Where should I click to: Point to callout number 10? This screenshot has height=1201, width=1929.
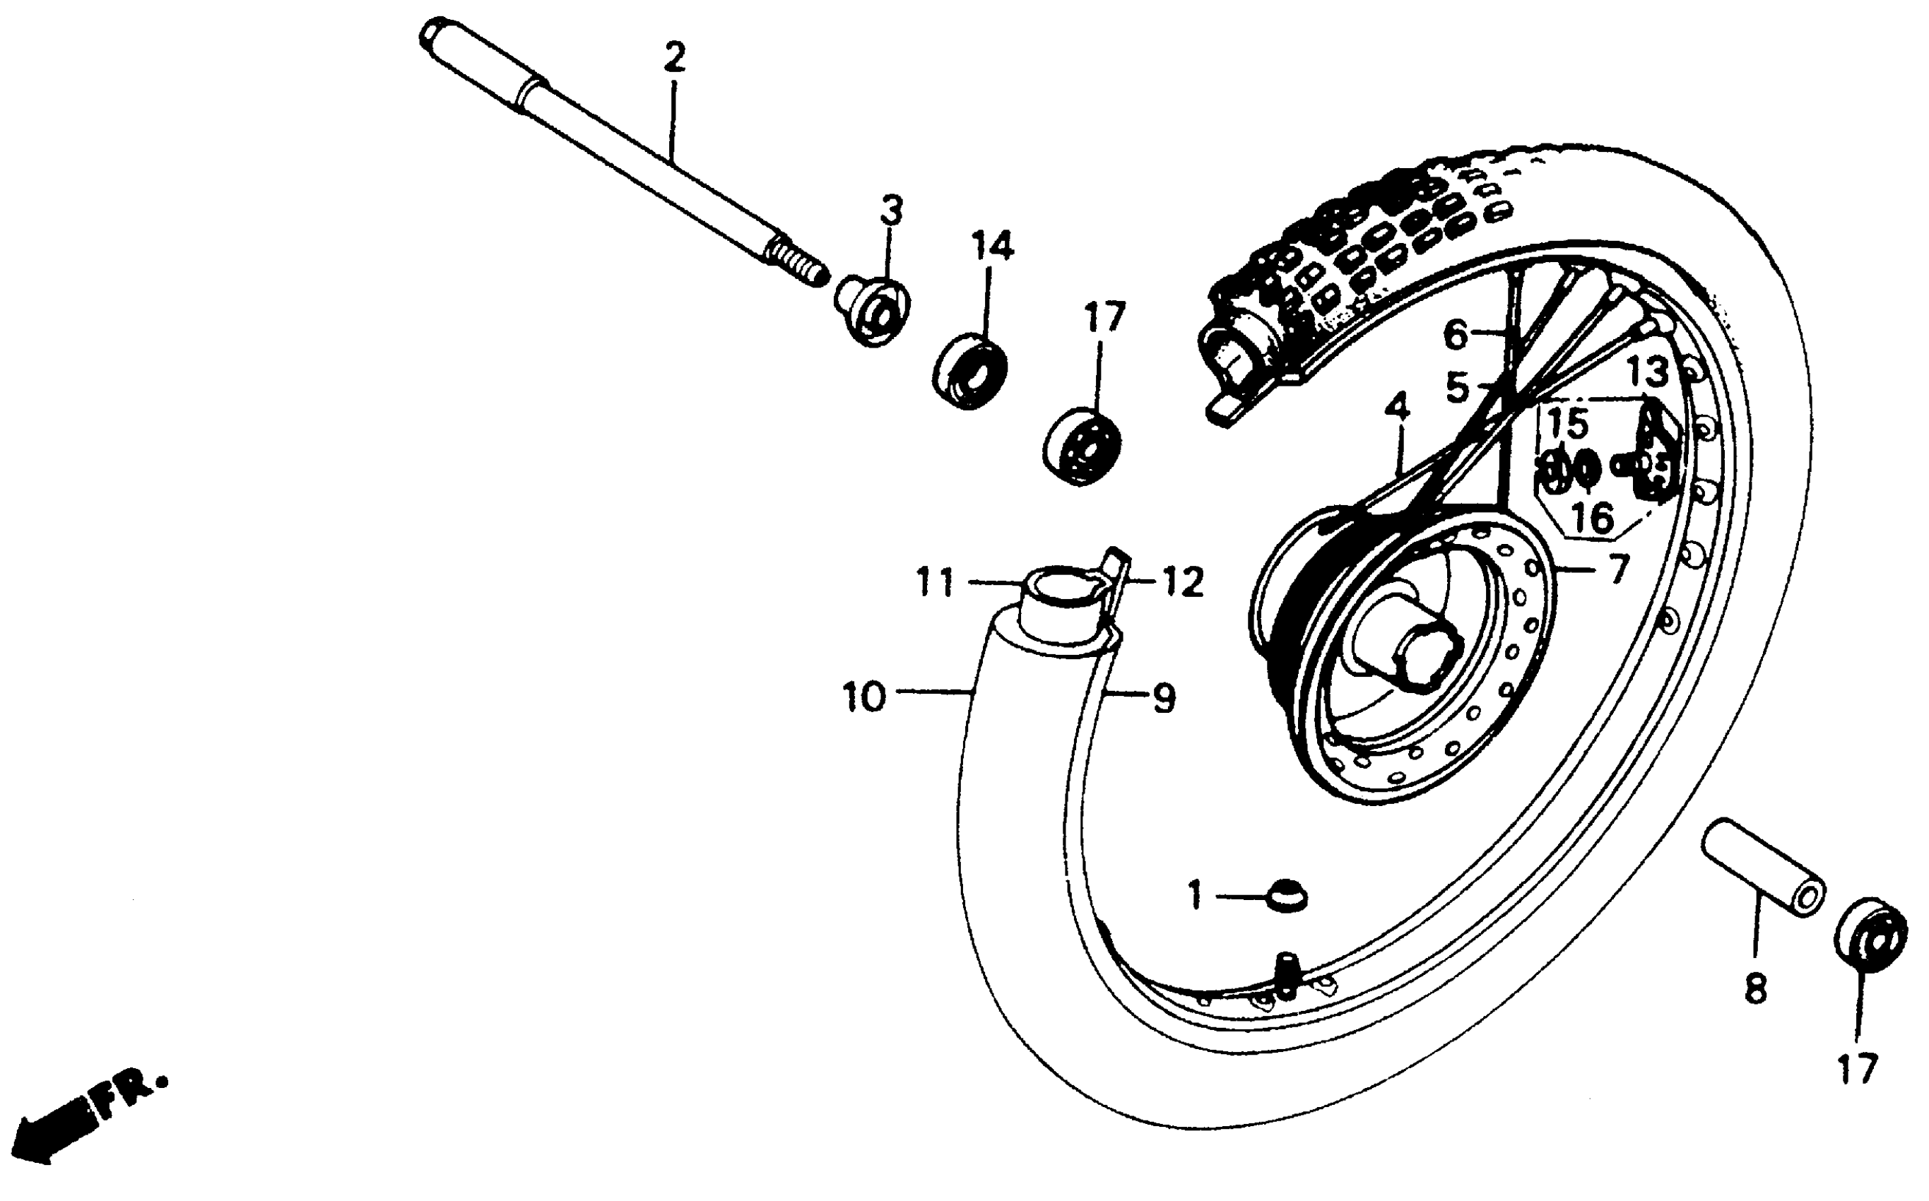(863, 697)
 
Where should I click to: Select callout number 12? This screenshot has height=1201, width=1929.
(1182, 584)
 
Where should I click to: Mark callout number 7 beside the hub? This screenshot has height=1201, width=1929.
(1618, 568)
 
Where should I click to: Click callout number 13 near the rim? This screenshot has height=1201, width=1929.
(1647, 371)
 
